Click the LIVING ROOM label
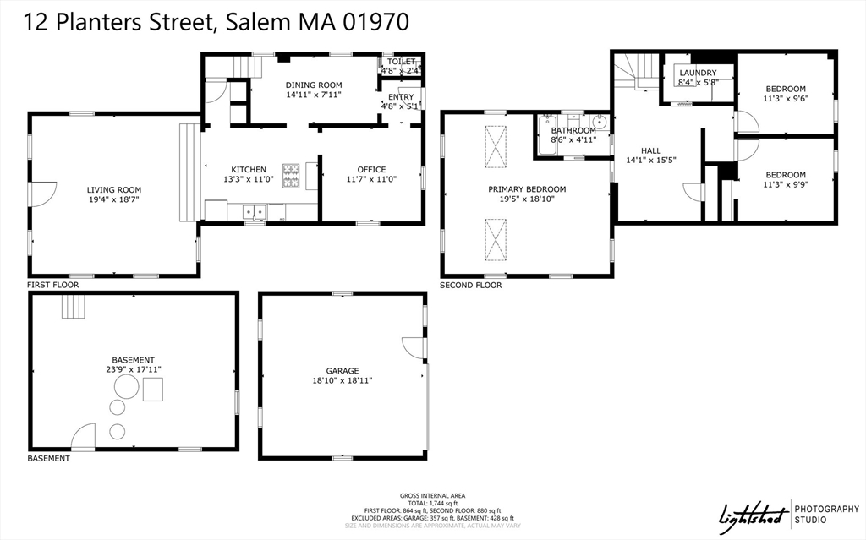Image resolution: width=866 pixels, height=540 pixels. click(x=114, y=190)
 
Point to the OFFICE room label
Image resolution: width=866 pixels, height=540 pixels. click(x=371, y=169)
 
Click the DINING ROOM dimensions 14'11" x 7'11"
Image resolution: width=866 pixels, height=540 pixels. click(x=313, y=95)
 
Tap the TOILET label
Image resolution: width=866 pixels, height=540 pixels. click(x=402, y=62)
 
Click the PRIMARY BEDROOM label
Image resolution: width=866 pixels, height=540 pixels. click(x=527, y=189)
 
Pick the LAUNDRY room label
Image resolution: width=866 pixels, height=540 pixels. click(x=698, y=74)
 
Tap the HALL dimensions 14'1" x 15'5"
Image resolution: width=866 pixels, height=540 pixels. click(x=651, y=160)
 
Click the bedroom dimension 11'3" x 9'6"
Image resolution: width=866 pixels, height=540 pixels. click(x=786, y=99)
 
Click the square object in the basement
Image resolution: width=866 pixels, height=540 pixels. click(x=153, y=390)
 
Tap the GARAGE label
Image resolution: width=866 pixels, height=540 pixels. click(x=343, y=370)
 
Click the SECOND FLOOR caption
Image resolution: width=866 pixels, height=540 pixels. click(x=470, y=286)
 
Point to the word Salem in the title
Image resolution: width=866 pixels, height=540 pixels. click(x=259, y=23)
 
